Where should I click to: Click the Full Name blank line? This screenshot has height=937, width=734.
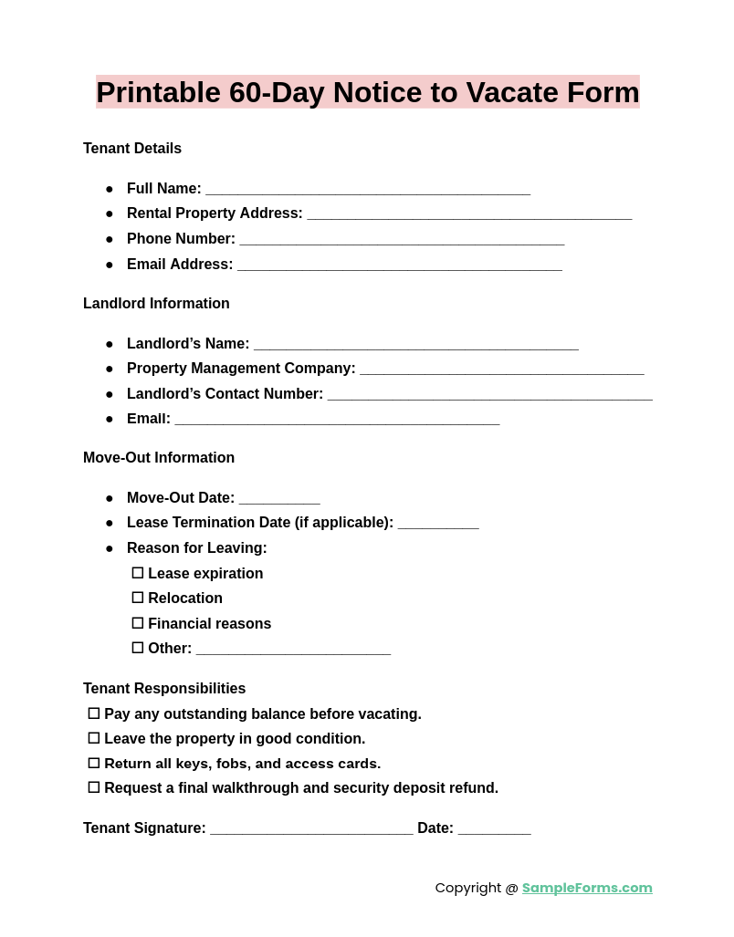click(367, 190)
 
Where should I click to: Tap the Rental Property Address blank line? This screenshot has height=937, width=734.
click(469, 214)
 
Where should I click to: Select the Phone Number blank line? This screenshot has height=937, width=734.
click(402, 240)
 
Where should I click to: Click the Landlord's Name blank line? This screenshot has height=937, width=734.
click(415, 345)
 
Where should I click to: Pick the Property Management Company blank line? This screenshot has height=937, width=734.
click(501, 370)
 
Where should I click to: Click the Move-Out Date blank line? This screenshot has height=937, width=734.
click(279, 499)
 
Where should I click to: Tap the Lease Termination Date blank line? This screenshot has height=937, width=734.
click(438, 524)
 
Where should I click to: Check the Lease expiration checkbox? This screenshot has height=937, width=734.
click(138, 573)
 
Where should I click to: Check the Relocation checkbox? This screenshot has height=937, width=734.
click(138, 598)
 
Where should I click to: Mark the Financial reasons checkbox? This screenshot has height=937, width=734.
click(138, 623)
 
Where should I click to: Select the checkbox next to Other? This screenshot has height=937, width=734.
click(138, 648)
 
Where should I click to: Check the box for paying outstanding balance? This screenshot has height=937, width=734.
click(94, 713)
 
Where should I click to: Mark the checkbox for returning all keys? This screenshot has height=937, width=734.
click(94, 763)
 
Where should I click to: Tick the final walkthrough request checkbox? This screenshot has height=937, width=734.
click(94, 787)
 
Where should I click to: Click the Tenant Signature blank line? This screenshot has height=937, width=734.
click(311, 829)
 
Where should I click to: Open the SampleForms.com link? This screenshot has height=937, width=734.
click(587, 888)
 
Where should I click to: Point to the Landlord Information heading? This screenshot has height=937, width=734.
click(156, 304)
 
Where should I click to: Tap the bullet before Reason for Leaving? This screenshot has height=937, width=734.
click(110, 548)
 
